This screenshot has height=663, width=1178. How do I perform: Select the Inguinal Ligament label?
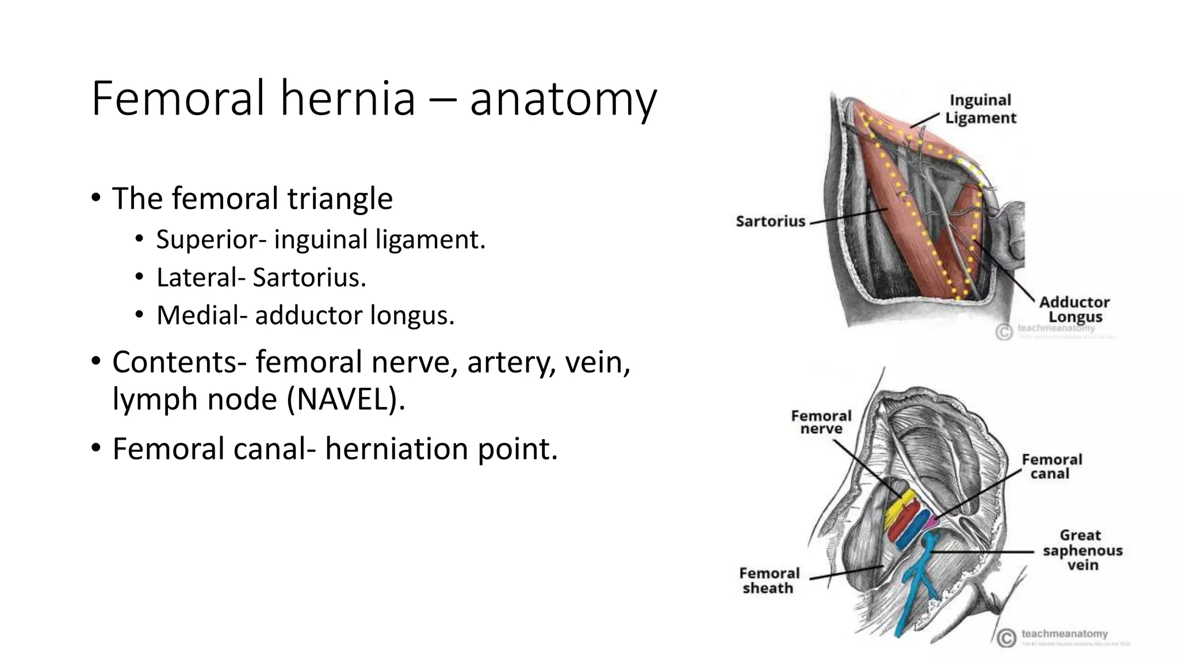[980, 109]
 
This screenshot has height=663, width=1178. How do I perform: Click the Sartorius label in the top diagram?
[770, 222]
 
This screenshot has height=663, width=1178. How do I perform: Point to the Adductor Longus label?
[1074, 310]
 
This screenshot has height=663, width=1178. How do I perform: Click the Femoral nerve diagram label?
[821, 422]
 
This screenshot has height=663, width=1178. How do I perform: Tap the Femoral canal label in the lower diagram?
[1051, 466]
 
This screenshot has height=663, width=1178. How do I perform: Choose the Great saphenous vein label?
[1083, 550]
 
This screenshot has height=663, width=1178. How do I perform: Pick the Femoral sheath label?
[769, 581]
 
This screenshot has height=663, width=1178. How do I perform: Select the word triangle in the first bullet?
[340, 199]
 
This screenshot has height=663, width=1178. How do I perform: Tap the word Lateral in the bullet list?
[196, 277]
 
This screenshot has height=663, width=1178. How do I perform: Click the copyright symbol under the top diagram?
[1004, 332]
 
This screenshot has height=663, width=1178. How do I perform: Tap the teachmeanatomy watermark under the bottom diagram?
[1064, 634]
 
